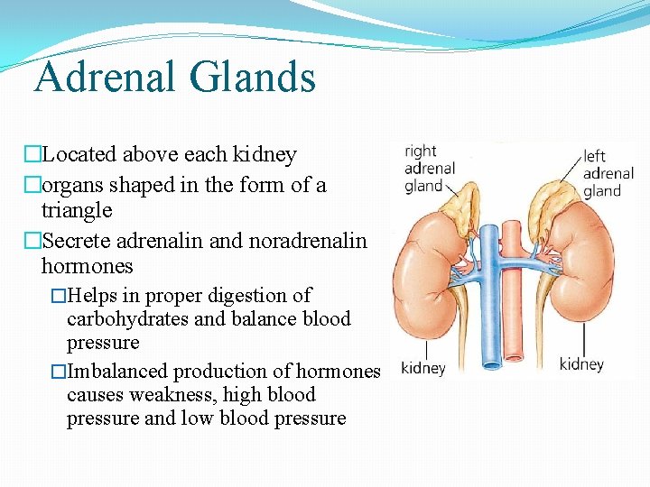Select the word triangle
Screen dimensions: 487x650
point(77,211)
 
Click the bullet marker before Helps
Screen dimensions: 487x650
point(59,296)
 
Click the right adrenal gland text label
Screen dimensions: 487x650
point(429,169)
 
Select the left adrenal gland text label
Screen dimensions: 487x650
point(608,173)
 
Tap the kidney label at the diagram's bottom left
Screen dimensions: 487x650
point(422,368)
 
